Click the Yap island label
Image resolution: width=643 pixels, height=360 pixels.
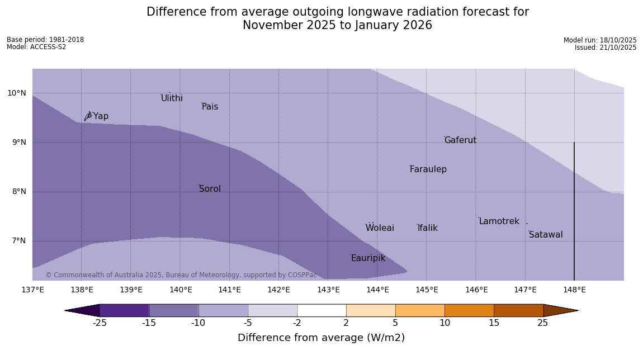(101, 116)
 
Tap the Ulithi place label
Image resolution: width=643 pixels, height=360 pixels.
(172, 98)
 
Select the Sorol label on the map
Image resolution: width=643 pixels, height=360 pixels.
(210, 189)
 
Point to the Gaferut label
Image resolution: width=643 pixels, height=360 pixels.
(460, 140)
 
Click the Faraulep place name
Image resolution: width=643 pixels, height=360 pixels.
(428, 169)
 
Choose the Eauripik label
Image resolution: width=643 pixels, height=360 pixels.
(368, 258)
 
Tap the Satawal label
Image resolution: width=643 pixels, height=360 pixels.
(546, 235)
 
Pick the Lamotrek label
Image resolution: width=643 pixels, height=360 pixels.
(499, 221)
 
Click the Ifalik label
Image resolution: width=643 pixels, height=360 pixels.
(427, 228)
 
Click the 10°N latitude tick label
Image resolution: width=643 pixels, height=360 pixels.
(17, 93)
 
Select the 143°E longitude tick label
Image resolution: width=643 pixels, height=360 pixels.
(328, 290)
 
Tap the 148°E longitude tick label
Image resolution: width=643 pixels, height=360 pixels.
(574, 290)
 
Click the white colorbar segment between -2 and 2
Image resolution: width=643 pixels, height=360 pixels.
(321, 310)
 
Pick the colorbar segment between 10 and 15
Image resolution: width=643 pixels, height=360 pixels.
(469, 310)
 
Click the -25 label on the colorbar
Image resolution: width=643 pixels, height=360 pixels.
(100, 323)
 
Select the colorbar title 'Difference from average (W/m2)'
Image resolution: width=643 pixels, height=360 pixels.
(321, 338)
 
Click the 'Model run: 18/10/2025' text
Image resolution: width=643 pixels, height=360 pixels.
(600, 40)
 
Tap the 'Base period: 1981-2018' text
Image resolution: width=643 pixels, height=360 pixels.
(45, 40)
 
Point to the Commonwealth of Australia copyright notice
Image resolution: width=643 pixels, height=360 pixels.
(181, 275)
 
